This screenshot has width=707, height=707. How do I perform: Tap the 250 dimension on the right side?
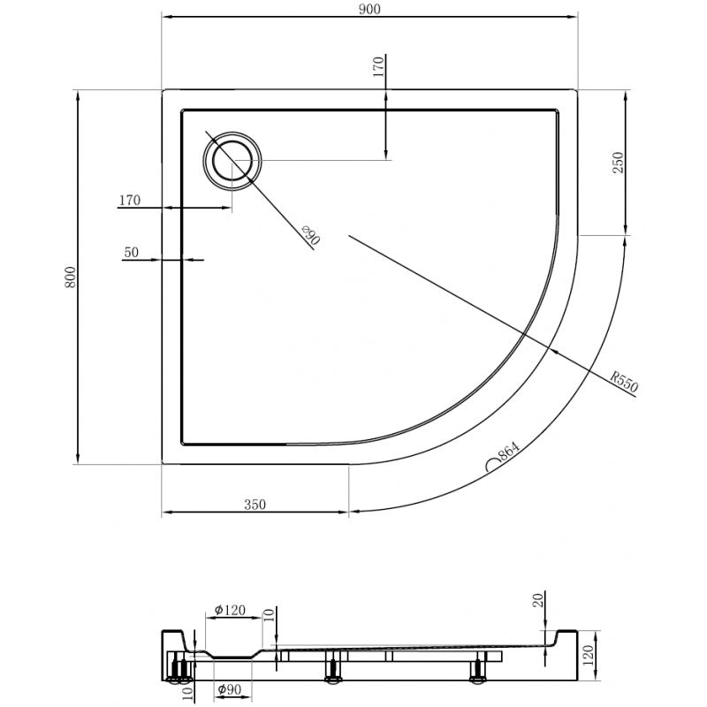pyautogui.click(x=619, y=163)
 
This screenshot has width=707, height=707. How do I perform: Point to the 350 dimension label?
pyautogui.click(x=254, y=505)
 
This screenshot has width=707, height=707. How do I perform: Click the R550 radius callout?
pyautogui.click(x=624, y=381)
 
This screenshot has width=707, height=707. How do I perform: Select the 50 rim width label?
pyautogui.click(x=132, y=252)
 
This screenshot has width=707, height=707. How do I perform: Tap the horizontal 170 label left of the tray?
pyautogui.click(x=129, y=201)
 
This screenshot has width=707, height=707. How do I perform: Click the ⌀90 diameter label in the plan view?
pyautogui.click(x=309, y=236)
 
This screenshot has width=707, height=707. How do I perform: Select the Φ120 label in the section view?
pyautogui.click(x=229, y=610)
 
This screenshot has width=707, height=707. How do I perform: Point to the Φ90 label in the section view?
pyautogui.click(x=232, y=690)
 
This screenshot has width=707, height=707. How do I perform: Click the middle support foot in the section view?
pyautogui.click(x=333, y=669)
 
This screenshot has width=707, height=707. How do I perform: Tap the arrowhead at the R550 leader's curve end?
pyautogui.click(x=553, y=351)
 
